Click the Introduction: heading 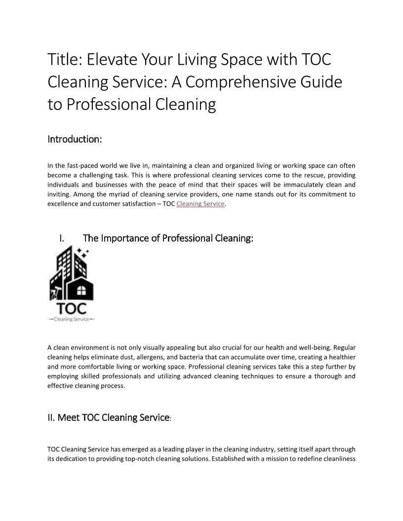point(75,139)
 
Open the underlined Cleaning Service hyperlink point(200,204)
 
